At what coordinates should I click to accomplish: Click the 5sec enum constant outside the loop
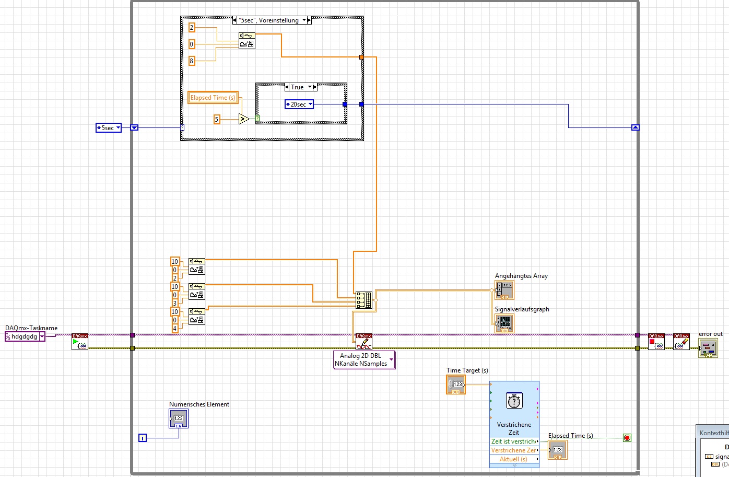[x=108, y=127]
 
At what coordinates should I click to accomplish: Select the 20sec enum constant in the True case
[x=299, y=104]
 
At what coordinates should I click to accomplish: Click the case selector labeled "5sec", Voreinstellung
[x=272, y=20]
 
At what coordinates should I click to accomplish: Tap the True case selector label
[x=300, y=87]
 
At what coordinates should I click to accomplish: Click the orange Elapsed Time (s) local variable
[x=213, y=98]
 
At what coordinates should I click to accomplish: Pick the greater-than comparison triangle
[x=243, y=119]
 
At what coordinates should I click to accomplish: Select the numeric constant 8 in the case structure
[x=192, y=61]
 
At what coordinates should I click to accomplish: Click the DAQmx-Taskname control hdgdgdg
[x=25, y=336]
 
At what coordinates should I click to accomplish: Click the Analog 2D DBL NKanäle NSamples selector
[x=364, y=360]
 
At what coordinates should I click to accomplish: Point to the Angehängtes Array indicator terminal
[x=504, y=290]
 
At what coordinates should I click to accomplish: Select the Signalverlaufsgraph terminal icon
[x=504, y=323]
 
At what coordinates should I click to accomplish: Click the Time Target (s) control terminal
[x=456, y=385]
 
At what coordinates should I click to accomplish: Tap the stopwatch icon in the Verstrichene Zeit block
[x=514, y=401]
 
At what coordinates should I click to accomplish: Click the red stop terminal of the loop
[x=627, y=438]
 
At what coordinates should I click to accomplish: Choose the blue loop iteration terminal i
[x=143, y=438]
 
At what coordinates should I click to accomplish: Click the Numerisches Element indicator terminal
[x=178, y=418]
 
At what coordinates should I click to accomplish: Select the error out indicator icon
[x=708, y=348]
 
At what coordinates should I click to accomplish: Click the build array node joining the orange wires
[x=363, y=300]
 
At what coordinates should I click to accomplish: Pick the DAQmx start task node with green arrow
[x=80, y=343]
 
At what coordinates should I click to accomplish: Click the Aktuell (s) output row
[x=514, y=459]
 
